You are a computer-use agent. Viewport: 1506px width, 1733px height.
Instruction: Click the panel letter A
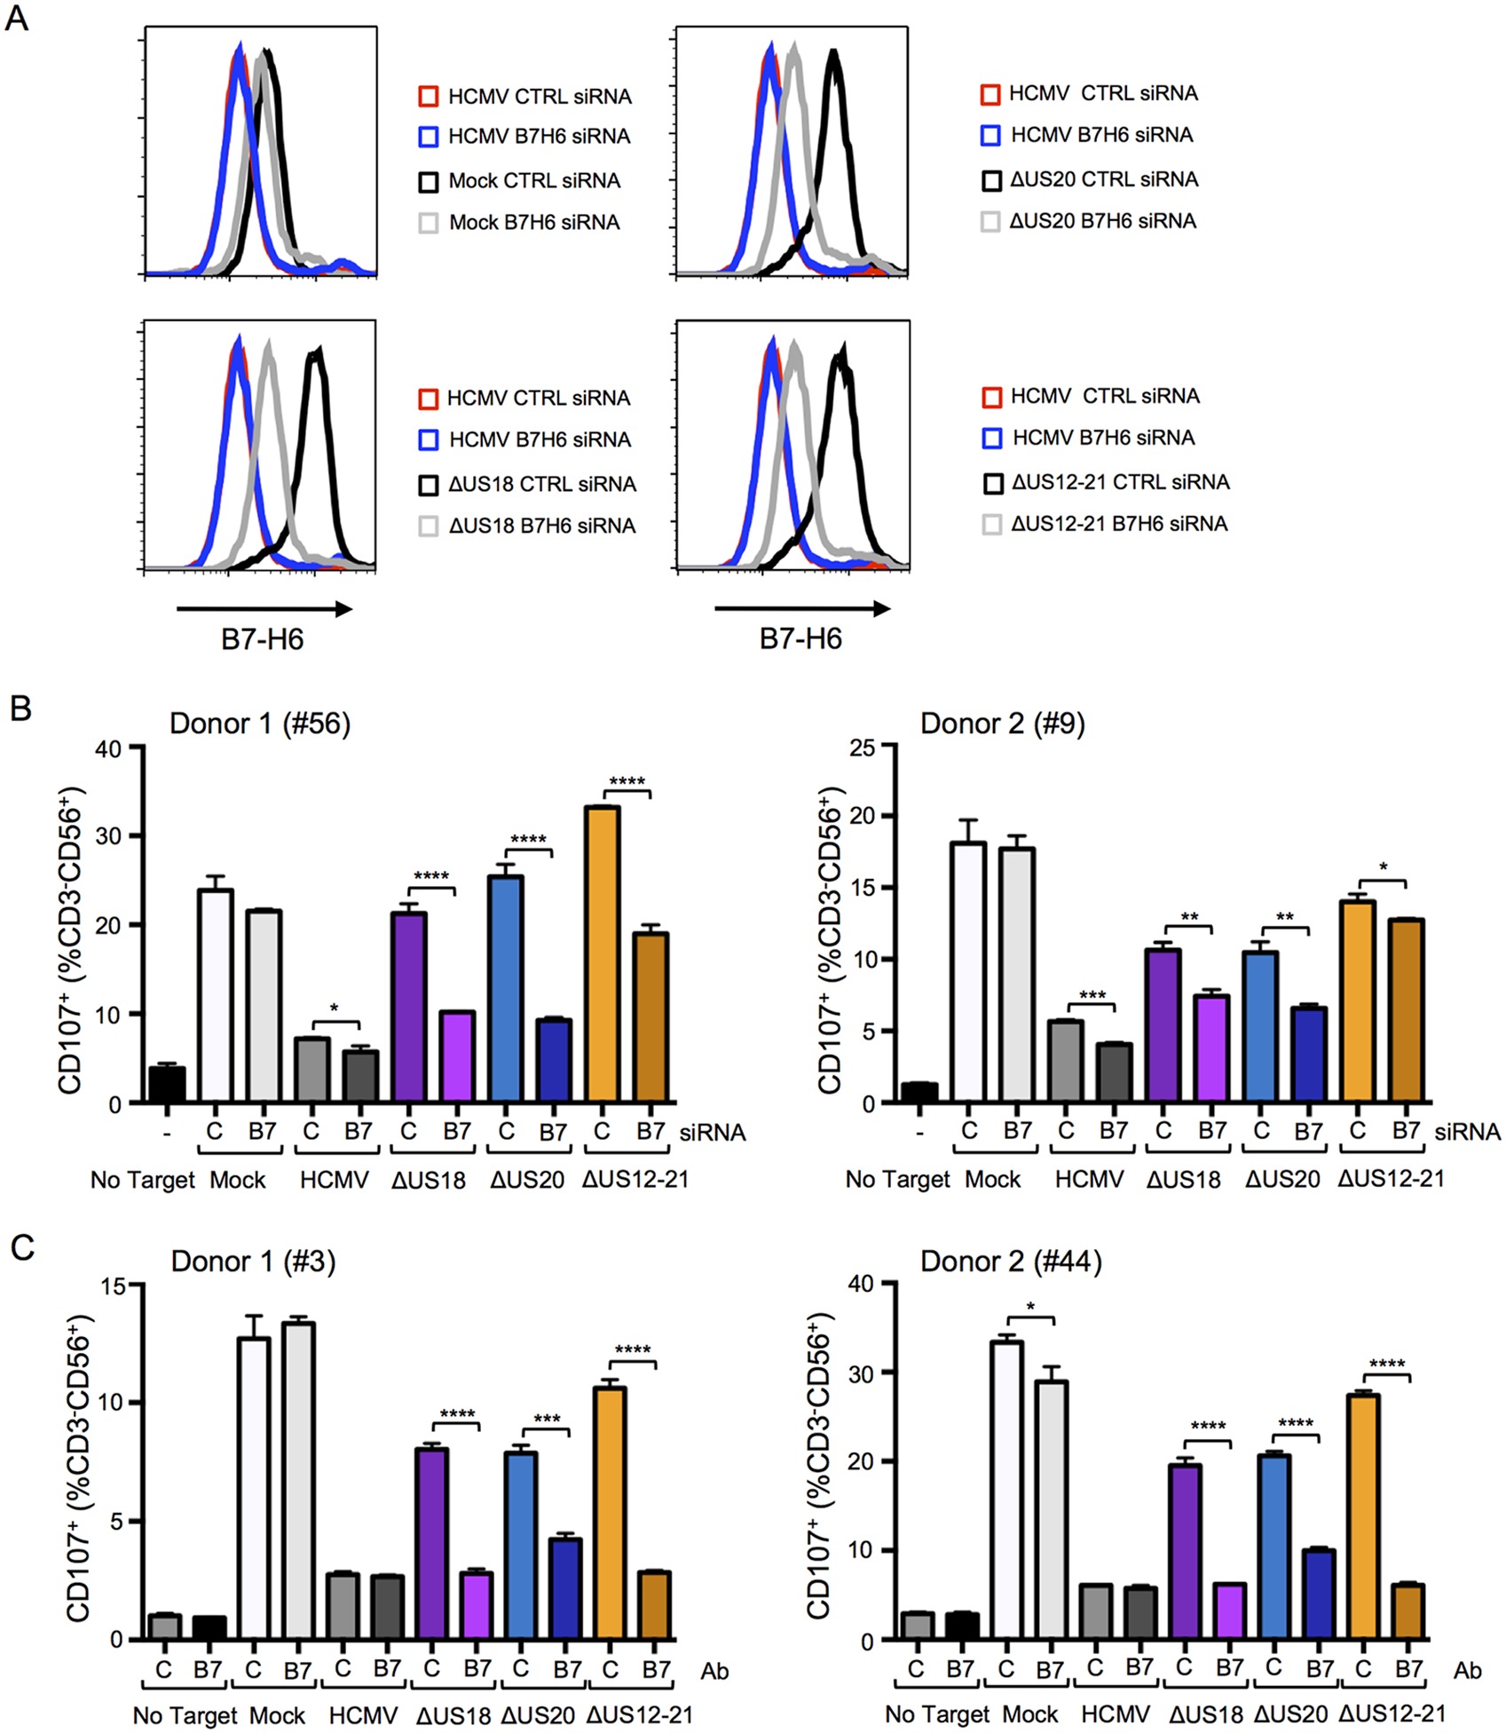click(17, 18)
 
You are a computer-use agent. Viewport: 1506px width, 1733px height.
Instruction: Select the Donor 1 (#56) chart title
click(260, 724)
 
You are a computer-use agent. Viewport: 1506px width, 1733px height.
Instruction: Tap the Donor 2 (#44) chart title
click(1011, 1261)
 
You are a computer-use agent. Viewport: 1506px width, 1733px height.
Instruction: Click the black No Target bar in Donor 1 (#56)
click(167, 1084)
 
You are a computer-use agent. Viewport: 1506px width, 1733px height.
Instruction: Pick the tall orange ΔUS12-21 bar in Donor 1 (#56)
click(602, 954)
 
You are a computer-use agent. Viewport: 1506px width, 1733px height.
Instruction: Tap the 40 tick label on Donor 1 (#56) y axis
click(108, 748)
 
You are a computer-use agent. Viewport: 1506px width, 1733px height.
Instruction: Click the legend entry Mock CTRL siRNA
click(534, 181)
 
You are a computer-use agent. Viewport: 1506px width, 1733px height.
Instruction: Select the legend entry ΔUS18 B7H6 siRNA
click(541, 526)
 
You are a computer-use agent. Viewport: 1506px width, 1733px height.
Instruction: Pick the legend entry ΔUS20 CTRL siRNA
click(1103, 179)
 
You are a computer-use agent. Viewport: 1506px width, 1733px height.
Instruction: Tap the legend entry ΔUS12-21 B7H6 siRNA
click(1118, 524)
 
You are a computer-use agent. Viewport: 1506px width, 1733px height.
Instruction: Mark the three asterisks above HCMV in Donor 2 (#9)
click(1092, 995)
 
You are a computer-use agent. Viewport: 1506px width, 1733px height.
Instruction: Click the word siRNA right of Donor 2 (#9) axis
click(1467, 1132)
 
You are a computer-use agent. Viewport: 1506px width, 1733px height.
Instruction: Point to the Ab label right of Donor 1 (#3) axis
click(714, 1672)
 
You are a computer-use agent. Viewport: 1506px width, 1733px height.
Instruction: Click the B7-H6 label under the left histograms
click(263, 639)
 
